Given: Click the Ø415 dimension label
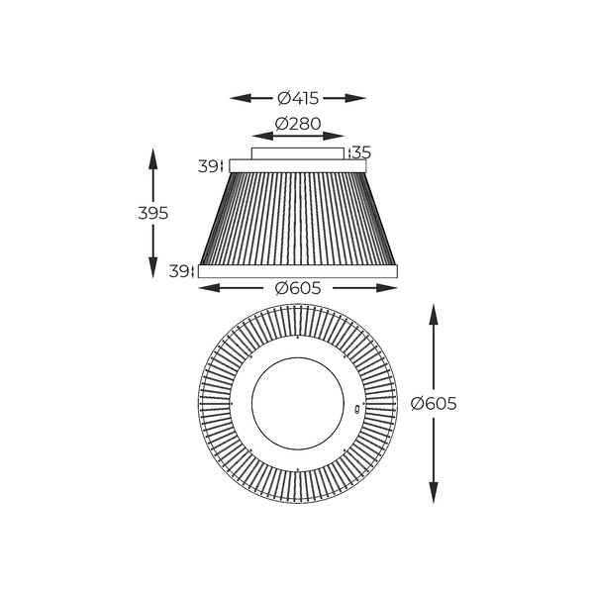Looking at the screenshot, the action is [x=298, y=98].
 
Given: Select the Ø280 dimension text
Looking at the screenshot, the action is [x=298, y=124].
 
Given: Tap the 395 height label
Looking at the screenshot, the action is [x=153, y=214].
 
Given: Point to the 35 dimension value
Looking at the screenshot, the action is [x=361, y=152].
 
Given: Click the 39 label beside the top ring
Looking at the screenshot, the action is [x=208, y=166].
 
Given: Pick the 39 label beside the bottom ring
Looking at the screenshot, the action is [x=178, y=271].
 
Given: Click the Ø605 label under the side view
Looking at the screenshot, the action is [x=298, y=288].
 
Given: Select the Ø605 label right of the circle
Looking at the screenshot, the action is [x=434, y=404].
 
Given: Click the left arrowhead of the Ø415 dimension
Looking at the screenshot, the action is [x=241, y=98].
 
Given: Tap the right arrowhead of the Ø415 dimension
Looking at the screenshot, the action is [x=355, y=98].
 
